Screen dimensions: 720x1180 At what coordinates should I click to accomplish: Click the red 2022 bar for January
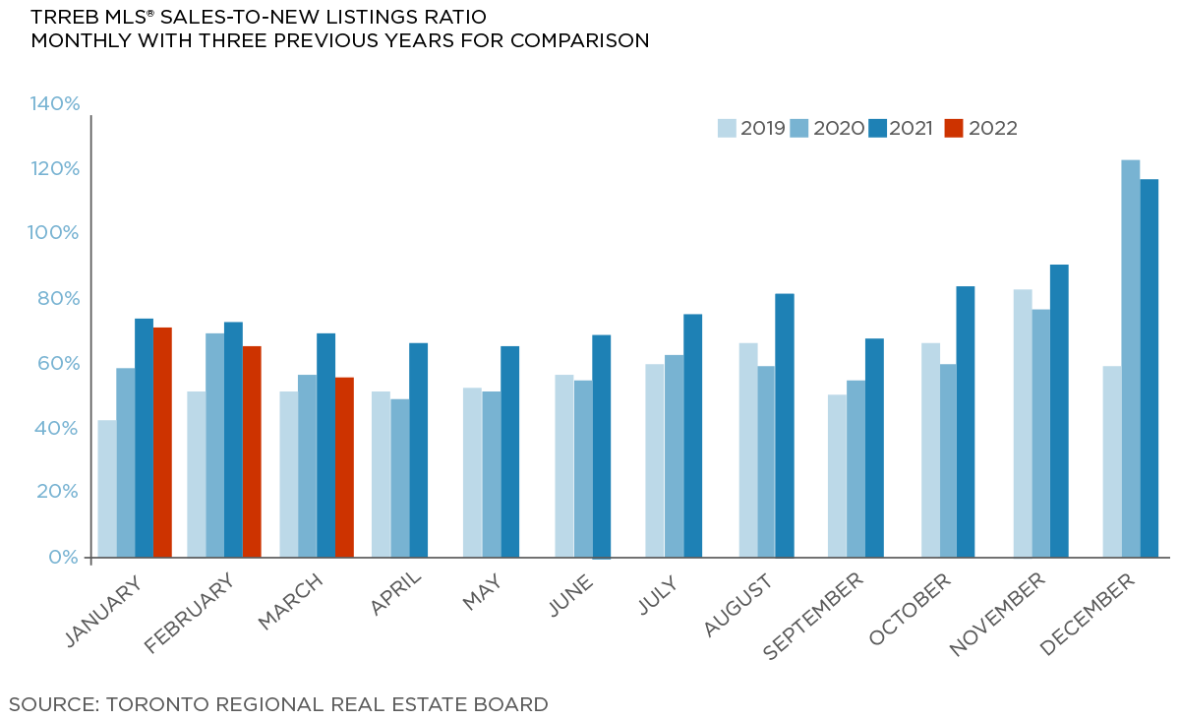[x=162, y=442]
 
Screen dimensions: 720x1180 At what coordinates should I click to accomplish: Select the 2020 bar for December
[x=1131, y=358]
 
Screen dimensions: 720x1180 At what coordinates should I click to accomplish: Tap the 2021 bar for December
[x=1150, y=368]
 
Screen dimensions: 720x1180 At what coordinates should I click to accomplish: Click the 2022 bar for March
[x=344, y=467]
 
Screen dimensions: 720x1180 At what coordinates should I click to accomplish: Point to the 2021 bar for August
[x=784, y=425]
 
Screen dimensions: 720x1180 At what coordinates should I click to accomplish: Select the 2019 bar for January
[x=106, y=488]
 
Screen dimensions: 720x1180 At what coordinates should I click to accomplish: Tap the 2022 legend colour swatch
[x=953, y=128]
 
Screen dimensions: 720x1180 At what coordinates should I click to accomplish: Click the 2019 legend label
[x=762, y=128]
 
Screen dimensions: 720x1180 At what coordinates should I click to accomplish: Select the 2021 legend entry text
[x=911, y=128]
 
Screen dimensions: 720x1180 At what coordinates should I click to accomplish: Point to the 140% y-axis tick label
[x=55, y=104]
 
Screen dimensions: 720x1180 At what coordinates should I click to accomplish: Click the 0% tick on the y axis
[x=64, y=557]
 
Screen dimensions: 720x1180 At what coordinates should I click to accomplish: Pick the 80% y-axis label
[x=58, y=298]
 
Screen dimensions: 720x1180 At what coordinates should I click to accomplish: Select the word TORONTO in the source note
[x=163, y=704]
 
